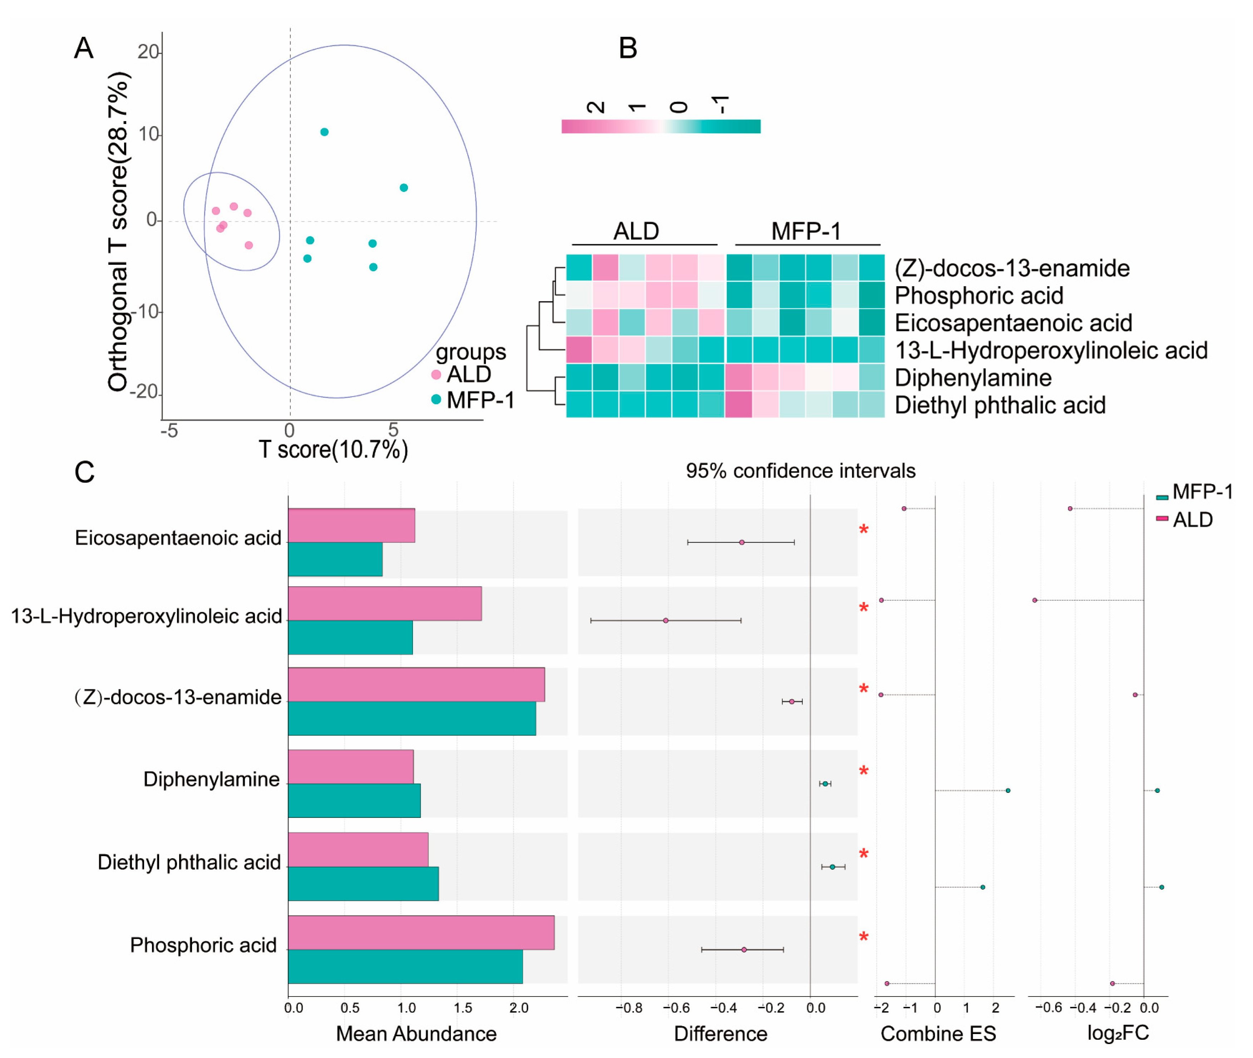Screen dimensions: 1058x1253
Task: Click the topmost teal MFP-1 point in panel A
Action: (x=324, y=132)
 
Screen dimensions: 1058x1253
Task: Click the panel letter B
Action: (x=627, y=48)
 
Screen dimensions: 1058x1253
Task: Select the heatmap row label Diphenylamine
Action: (x=972, y=378)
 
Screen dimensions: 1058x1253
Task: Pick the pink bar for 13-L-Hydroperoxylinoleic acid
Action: (x=384, y=603)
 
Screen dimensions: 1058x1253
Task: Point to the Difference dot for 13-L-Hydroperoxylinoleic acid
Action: (x=665, y=620)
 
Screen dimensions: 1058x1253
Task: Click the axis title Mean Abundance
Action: (x=416, y=1033)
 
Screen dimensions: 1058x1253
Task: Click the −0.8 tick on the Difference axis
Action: (x=628, y=1008)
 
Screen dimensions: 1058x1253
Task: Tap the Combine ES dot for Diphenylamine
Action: (x=1008, y=791)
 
